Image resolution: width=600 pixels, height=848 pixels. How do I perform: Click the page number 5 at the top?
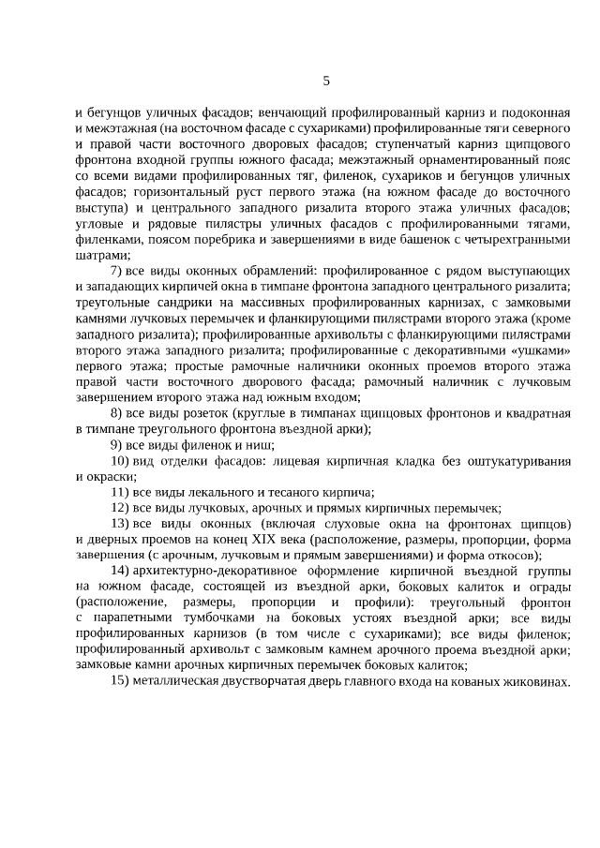[326, 82]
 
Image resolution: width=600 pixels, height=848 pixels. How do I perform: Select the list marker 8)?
[117, 412]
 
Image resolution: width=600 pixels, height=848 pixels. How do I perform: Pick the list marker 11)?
[120, 491]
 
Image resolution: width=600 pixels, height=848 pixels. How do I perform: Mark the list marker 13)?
[120, 523]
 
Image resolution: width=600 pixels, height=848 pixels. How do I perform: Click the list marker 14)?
[120, 571]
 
